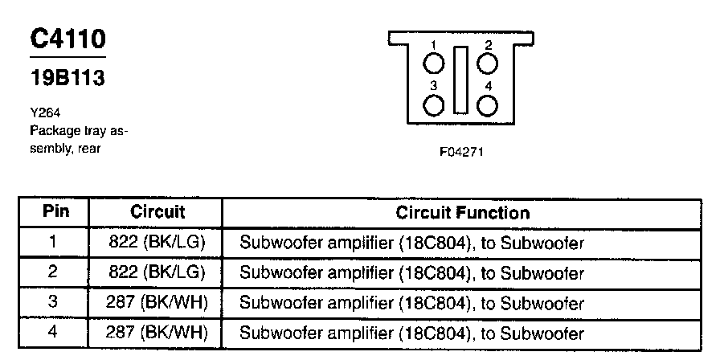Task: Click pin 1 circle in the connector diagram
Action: click(x=434, y=63)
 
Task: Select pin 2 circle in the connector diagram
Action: click(x=488, y=63)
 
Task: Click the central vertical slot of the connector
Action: click(x=460, y=80)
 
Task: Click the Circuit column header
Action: click(x=157, y=213)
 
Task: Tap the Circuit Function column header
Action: click(x=462, y=213)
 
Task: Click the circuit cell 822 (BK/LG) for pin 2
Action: click(x=157, y=272)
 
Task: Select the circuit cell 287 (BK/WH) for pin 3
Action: click(x=157, y=302)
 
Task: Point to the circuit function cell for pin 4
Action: click(x=411, y=332)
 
